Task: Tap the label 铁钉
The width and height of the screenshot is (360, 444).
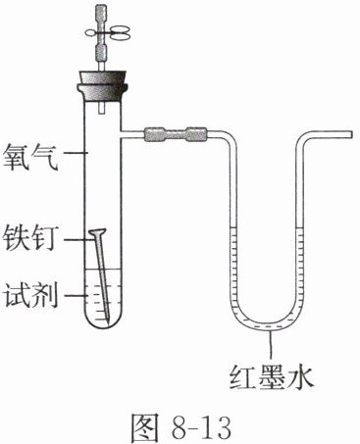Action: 30,239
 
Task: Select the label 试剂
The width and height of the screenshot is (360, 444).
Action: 30,295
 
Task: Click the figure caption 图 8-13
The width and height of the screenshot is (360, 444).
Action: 180,426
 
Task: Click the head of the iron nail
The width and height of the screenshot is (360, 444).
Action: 97,233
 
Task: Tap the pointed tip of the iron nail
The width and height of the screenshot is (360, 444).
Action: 109,322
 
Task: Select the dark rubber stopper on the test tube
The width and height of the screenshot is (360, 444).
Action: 102,85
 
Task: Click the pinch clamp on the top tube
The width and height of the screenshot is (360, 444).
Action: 108,32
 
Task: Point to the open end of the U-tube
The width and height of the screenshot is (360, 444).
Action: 350,134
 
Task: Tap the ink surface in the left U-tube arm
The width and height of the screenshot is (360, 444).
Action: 233,227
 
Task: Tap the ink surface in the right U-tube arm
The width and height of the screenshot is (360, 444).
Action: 299,227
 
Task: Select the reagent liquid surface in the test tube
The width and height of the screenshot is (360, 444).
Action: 102,270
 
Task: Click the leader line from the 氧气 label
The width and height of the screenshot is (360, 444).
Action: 75,153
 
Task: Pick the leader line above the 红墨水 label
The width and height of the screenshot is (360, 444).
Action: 271,346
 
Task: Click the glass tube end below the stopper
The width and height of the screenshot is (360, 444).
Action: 101,109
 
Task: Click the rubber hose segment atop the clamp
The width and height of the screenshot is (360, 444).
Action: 102,13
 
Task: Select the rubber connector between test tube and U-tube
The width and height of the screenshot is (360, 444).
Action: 176,134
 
